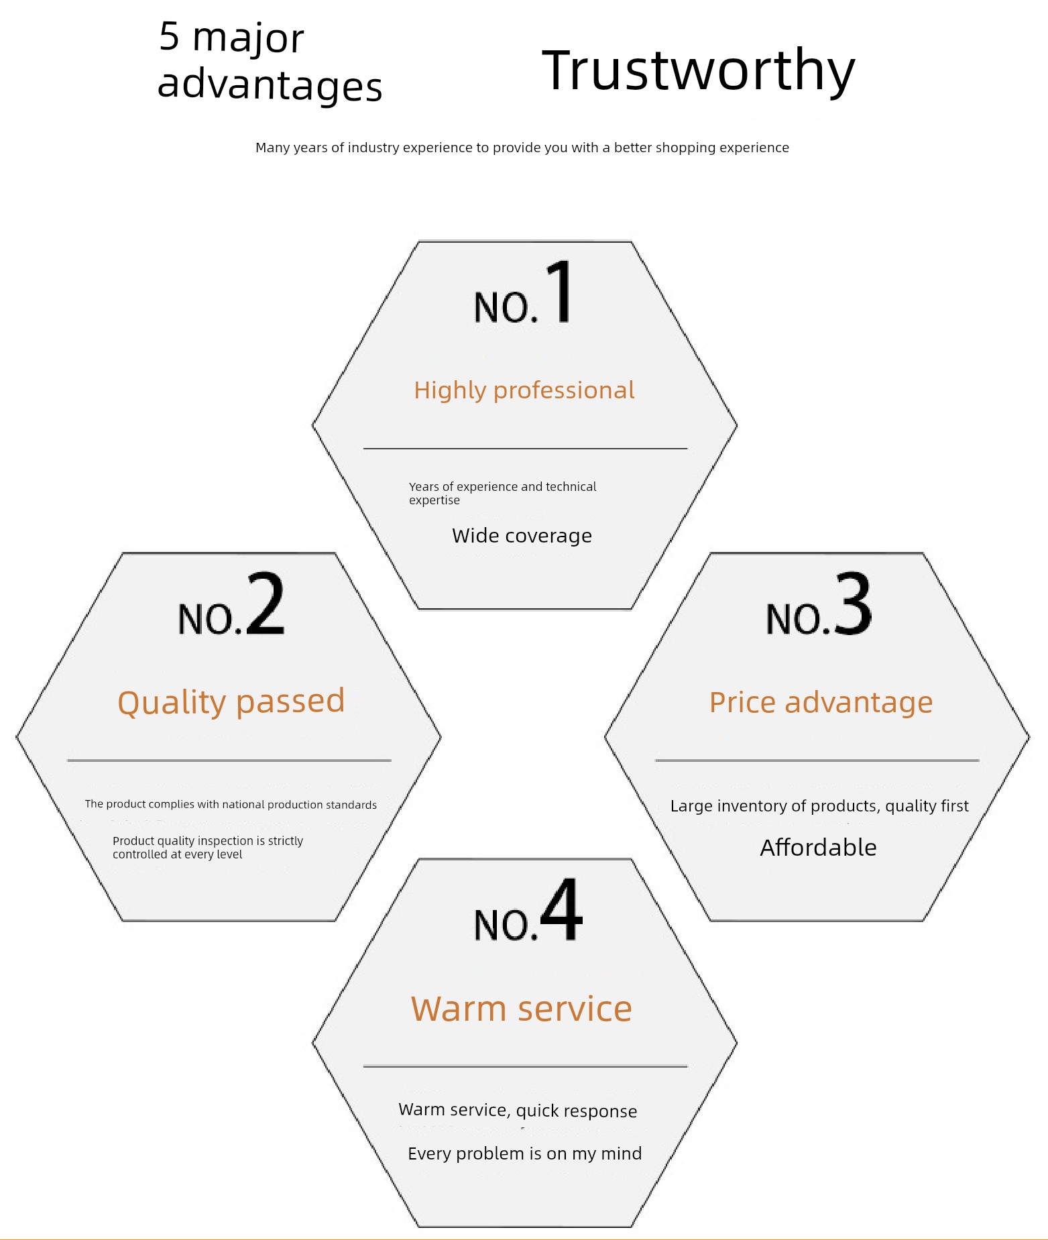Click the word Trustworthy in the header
(699, 71)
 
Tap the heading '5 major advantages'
(270, 62)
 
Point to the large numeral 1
(559, 291)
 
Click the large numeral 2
(266, 603)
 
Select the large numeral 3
(853, 603)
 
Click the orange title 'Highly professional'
(524, 390)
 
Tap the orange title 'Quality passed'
(231, 702)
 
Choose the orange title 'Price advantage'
(821, 703)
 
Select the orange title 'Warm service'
(522, 1009)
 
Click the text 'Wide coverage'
(522, 536)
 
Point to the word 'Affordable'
(818, 848)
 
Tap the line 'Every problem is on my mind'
(524, 1153)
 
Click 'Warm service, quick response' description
(518, 1111)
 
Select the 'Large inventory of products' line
(819, 806)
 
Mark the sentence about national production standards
(231, 804)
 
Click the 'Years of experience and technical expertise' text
(502, 493)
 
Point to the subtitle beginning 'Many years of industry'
(522, 148)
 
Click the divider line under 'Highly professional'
(525, 448)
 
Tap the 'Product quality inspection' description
(208, 847)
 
